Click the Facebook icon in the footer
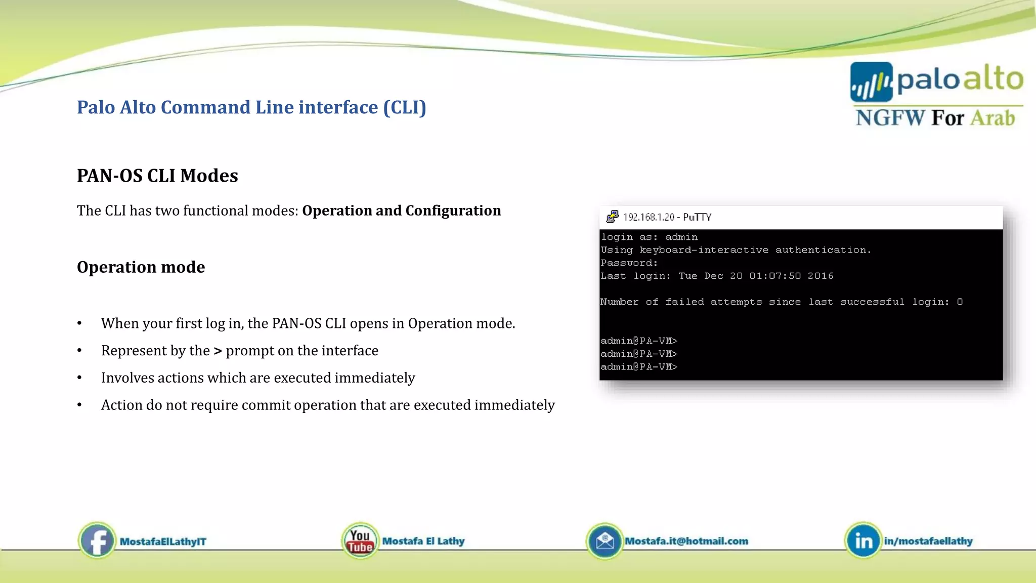pyautogui.click(x=97, y=540)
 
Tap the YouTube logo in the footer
pyautogui.click(x=360, y=541)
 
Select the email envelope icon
pyautogui.click(x=605, y=541)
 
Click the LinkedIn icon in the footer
pyautogui.click(x=863, y=541)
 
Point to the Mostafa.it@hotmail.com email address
pyautogui.click(x=686, y=541)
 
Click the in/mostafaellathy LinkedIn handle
pyautogui.click(x=928, y=541)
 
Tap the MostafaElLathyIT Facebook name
pyautogui.click(x=163, y=542)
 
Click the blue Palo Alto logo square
pyautogui.click(x=871, y=82)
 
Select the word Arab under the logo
pyautogui.click(x=992, y=118)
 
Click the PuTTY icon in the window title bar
pyautogui.click(x=612, y=217)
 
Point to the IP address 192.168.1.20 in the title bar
pyautogui.click(x=649, y=217)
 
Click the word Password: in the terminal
pyautogui.click(x=629, y=263)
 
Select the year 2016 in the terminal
pyautogui.click(x=820, y=276)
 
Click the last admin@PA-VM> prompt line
pyautogui.click(x=638, y=366)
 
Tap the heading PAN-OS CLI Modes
pyautogui.click(x=157, y=176)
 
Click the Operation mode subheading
pyautogui.click(x=141, y=267)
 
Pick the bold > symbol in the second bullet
pyautogui.click(x=218, y=351)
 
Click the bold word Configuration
pyautogui.click(x=453, y=211)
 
